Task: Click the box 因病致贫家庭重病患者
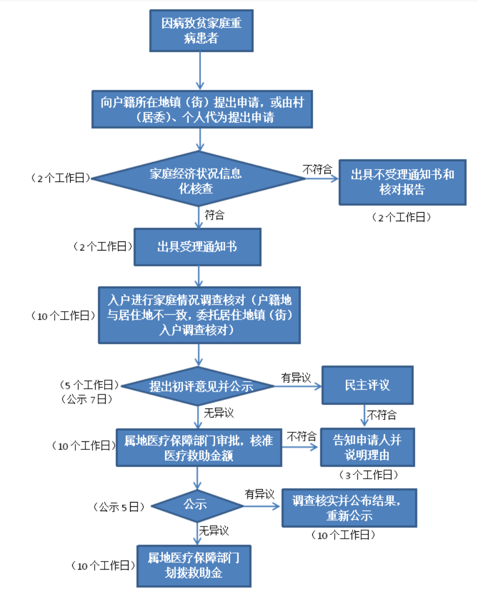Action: [x=201, y=31]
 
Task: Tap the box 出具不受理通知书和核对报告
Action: [x=402, y=182]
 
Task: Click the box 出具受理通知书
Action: [x=197, y=247]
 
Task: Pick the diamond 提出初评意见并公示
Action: [x=200, y=386]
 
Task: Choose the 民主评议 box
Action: [x=367, y=385]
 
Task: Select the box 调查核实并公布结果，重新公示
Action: [x=349, y=508]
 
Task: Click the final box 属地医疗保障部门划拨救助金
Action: [x=194, y=565]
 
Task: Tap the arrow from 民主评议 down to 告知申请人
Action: [x=364, y=414]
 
